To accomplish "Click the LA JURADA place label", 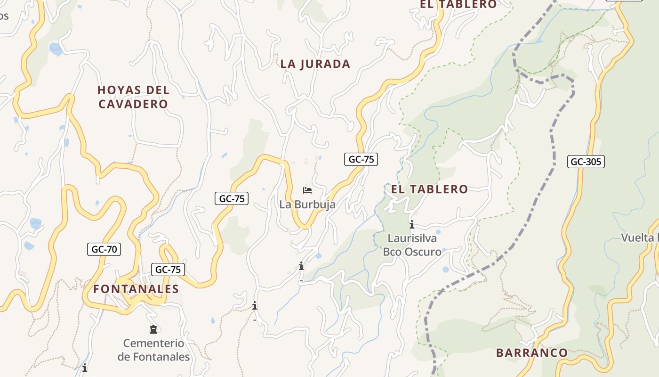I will click(315, 64).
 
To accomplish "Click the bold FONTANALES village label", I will click(136, 289).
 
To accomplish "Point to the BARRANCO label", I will click(532, 352).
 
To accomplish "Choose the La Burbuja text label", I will click(307, 205).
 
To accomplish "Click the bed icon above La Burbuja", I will click(307, 190).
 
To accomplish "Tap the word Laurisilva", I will click(412, 238).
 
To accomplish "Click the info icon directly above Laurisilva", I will click(412, 224).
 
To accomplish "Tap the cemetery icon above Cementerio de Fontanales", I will click(153, 329).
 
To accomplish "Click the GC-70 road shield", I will click(104, 249).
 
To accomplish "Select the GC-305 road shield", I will click(586, 162).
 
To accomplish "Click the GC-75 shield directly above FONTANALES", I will click(168, 270).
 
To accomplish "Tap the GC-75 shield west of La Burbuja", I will click(232, 198).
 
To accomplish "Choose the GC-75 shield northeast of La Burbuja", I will click(361, 159).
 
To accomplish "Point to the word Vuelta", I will click(638, 238).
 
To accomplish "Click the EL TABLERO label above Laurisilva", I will click(430, 189).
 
